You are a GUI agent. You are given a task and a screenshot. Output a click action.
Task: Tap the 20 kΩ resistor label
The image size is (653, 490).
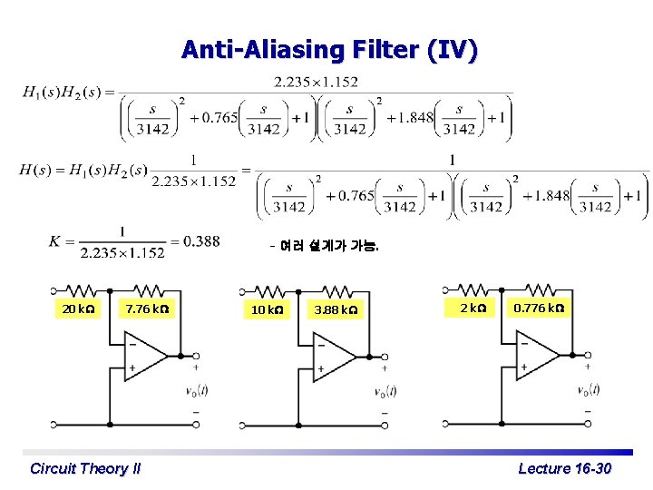[x=77, y=309]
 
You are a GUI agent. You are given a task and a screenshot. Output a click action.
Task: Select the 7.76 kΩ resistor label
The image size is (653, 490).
[x=147, y=309]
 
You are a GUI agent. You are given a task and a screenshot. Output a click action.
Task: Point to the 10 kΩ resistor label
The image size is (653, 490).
[x=266, y=310]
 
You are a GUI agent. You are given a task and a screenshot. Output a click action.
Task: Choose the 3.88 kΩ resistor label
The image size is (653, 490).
[x=335, y=310]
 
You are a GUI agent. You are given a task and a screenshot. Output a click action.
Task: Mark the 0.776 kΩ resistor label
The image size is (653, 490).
[x=539, y=309]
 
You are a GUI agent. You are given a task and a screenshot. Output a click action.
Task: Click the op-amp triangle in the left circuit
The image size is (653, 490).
[x=145, y=357]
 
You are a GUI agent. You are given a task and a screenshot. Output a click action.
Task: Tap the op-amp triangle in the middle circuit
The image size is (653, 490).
[x=333, y=357]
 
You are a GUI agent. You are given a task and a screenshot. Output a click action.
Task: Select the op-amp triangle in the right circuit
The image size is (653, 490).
[x=537, y=355]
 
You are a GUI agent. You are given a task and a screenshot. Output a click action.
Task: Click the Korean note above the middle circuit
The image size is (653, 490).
[x=325, y=246]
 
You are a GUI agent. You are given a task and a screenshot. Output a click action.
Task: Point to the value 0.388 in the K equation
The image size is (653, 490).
[x=201, y=240]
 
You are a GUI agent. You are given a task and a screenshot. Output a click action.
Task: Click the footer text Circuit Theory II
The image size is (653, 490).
[x=85, y=468]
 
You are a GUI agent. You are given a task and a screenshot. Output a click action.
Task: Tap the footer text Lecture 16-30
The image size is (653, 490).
[x=564, y=468]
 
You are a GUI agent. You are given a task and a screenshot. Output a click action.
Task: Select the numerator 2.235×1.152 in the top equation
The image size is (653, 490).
[x=316, y=83]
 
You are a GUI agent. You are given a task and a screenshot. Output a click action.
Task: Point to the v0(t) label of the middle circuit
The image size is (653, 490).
[x=385, y=392]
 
